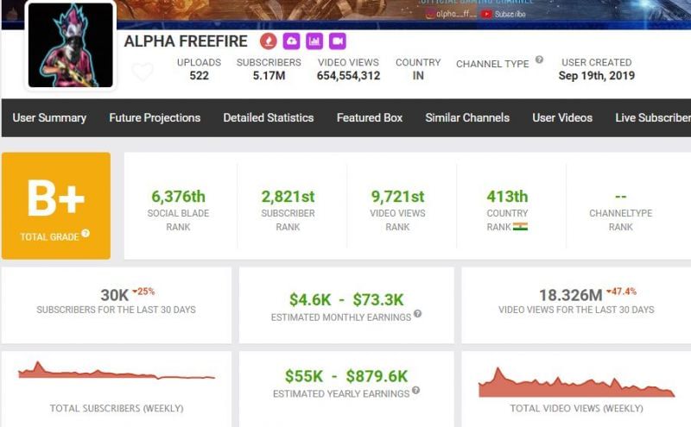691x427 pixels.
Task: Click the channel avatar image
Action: point(71,45)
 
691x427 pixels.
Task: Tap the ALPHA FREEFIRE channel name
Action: point(186,41)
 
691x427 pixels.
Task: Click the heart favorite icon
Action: point(143,72)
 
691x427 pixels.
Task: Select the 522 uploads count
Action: point(199,76)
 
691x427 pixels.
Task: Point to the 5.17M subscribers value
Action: point(269,76)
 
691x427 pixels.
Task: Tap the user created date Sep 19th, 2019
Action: point(596,76)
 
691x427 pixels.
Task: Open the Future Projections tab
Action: point(155,117)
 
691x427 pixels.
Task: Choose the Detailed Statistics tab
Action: point(269,117)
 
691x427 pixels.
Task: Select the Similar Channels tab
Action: point(467,117)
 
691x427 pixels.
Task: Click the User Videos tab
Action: point(562,117)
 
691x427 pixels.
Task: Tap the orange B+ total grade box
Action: point(56,205)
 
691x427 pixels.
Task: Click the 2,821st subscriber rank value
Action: point(288,197)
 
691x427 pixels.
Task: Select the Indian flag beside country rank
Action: point(520,227)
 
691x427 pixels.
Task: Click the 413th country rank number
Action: point(507,197)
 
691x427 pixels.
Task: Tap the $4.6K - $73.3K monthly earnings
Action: point(346,299)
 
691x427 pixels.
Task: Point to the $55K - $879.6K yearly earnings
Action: point(346,376)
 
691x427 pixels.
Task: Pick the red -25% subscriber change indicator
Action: point(143,292)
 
